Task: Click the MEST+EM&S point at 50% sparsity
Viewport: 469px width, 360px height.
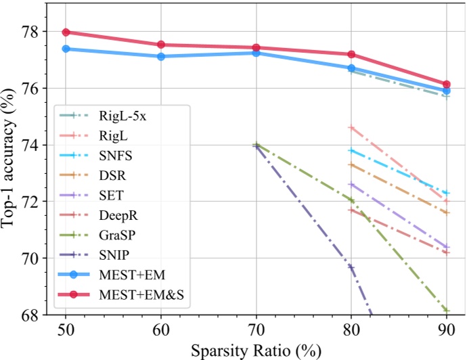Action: tap(66, 32)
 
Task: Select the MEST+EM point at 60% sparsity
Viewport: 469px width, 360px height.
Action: tap(161, 56)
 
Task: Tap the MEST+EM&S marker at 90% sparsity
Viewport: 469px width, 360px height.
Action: tap(447, 85)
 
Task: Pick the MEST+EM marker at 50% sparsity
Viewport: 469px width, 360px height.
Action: tap(66, 49)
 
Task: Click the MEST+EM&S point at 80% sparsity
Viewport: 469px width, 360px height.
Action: tap(351, 54)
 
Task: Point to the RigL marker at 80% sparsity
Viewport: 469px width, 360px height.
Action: tap(351, 127)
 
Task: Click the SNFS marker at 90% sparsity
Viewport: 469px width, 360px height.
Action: tap(447, 194)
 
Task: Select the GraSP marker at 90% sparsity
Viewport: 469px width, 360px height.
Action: tap(447, 311)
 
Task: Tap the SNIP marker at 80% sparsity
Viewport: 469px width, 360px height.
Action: tap(351, 267)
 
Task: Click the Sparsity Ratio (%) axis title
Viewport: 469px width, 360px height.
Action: tap(256, 351)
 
